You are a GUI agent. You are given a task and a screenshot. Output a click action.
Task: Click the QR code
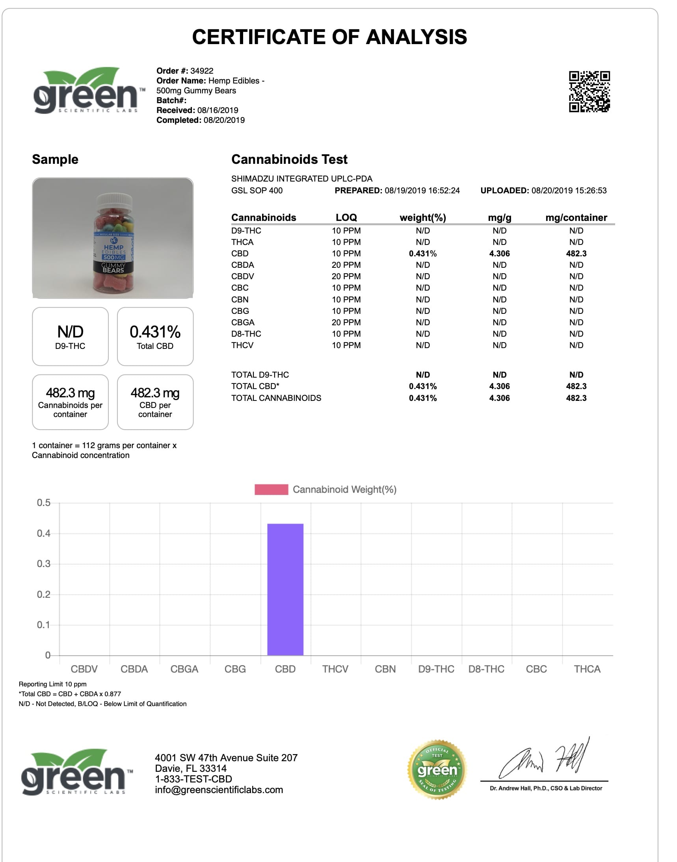(590, 91)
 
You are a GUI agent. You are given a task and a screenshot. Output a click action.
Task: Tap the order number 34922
(202, 71)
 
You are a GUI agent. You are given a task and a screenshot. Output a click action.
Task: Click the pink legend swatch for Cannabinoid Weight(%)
(271, 489)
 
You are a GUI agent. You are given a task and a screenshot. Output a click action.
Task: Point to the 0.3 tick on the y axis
(44, 564)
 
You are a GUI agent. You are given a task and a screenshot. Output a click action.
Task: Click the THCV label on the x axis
(335, 669)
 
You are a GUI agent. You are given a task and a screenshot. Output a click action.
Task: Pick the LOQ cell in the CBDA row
(346, 265)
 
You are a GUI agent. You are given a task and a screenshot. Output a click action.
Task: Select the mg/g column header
(499, 217)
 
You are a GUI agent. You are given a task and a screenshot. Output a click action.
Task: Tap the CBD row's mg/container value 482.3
(576, 254)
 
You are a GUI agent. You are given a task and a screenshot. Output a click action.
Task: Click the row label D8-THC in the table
(246, 334)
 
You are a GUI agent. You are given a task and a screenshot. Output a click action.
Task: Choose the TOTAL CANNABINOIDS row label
(276, 398)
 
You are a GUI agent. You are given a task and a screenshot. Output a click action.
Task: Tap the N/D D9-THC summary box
(70, 336)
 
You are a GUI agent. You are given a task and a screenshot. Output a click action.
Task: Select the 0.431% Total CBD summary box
(155, 336)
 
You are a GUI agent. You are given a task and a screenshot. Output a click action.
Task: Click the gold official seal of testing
(437, 769)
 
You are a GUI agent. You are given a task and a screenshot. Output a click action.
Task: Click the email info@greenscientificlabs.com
(219, 790)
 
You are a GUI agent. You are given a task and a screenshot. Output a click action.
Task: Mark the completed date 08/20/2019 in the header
(224, 120)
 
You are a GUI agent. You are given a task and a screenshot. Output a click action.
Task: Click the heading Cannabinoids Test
(289, 159)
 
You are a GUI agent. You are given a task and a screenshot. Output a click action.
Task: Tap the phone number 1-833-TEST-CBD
(193, 779)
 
